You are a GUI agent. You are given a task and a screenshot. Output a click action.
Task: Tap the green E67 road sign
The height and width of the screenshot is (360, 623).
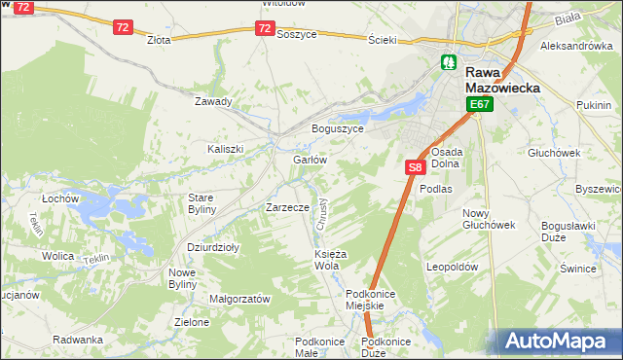pos(479,104)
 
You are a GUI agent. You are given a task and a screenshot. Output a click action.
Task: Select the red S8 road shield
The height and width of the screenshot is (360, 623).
pos(415,167)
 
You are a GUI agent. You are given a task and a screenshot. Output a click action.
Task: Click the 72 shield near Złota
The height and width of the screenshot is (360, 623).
pos(122,27)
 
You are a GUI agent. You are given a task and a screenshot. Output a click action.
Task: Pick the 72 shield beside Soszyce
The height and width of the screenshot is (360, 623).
pos(266,28)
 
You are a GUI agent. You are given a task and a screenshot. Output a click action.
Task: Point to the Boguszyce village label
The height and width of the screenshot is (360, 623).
pos(337,128)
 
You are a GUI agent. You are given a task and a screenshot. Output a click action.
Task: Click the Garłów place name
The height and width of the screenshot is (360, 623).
pos(309,160)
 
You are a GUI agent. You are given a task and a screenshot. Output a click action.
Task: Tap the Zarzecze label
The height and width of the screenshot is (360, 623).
pos(287,207)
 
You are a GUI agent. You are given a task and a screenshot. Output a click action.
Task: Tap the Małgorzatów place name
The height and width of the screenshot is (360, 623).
pos(239,300)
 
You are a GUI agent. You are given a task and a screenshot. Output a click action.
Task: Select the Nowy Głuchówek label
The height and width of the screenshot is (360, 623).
pos(488,219)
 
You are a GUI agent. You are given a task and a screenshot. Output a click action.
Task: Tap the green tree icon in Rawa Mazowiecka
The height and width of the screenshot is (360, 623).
pos(449,62)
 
